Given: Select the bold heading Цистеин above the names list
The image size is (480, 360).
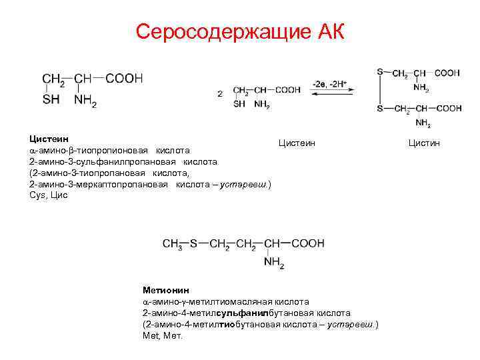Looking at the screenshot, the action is [x=44, y=139].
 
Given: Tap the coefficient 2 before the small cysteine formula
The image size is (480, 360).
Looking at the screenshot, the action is [x=220, y=94].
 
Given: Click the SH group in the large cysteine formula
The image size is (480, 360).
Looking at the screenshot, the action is [x=51, y=100].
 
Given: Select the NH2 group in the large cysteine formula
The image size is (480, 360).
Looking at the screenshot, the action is [x=85, y=101].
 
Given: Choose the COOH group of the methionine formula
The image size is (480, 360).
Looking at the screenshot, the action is [x=307, y=244].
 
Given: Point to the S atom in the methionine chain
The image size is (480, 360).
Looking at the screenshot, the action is [x=194, y=244].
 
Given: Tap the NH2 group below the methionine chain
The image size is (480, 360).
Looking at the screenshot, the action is [x=273, y=263].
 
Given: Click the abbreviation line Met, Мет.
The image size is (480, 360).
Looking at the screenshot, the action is [x=162, y=335].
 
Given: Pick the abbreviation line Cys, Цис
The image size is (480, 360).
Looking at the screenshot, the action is [x=48, y=195].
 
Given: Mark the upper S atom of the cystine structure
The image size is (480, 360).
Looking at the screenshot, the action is [x=379, y=72].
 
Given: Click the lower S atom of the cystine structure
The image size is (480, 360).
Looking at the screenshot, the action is [x=379, y=109].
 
